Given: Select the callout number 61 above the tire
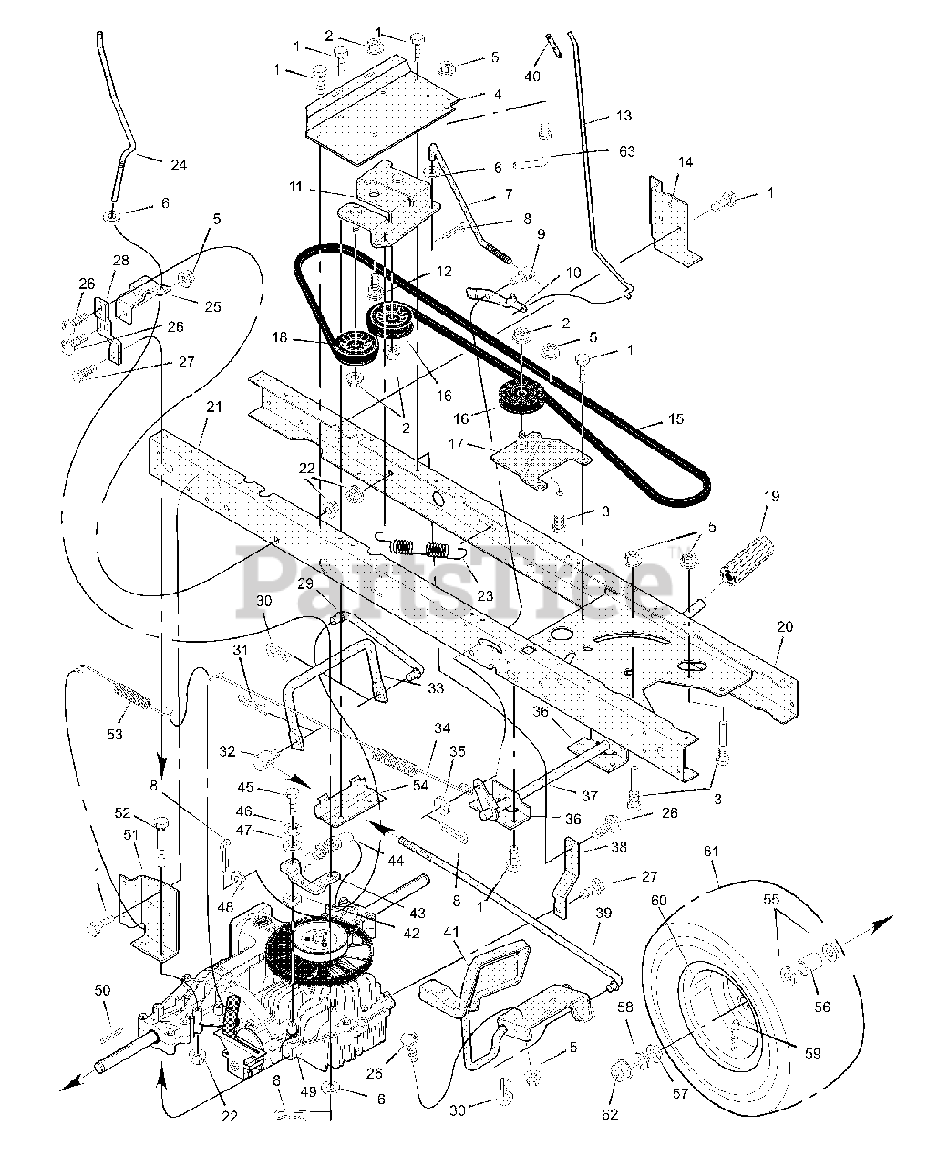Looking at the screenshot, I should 711,851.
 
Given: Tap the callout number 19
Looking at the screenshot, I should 771,497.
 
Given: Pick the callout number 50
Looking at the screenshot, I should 102,990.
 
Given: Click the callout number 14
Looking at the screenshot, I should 685,162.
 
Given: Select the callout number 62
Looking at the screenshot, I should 610,1113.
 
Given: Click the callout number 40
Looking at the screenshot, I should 532,77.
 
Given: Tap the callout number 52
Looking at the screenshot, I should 123,812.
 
